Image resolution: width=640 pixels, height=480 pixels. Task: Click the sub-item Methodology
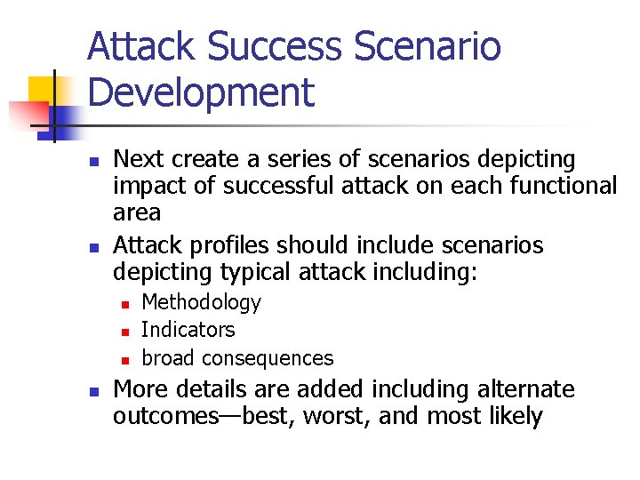click(x=202, y=303)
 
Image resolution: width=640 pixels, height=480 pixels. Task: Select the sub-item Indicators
click(x=188, y=330)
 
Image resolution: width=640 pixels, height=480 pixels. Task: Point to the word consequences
click(x=268, y=358)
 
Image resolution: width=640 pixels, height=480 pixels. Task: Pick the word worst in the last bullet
click(x=335, y=416)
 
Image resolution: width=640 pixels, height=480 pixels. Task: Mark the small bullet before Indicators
click(x=124, y=332)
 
